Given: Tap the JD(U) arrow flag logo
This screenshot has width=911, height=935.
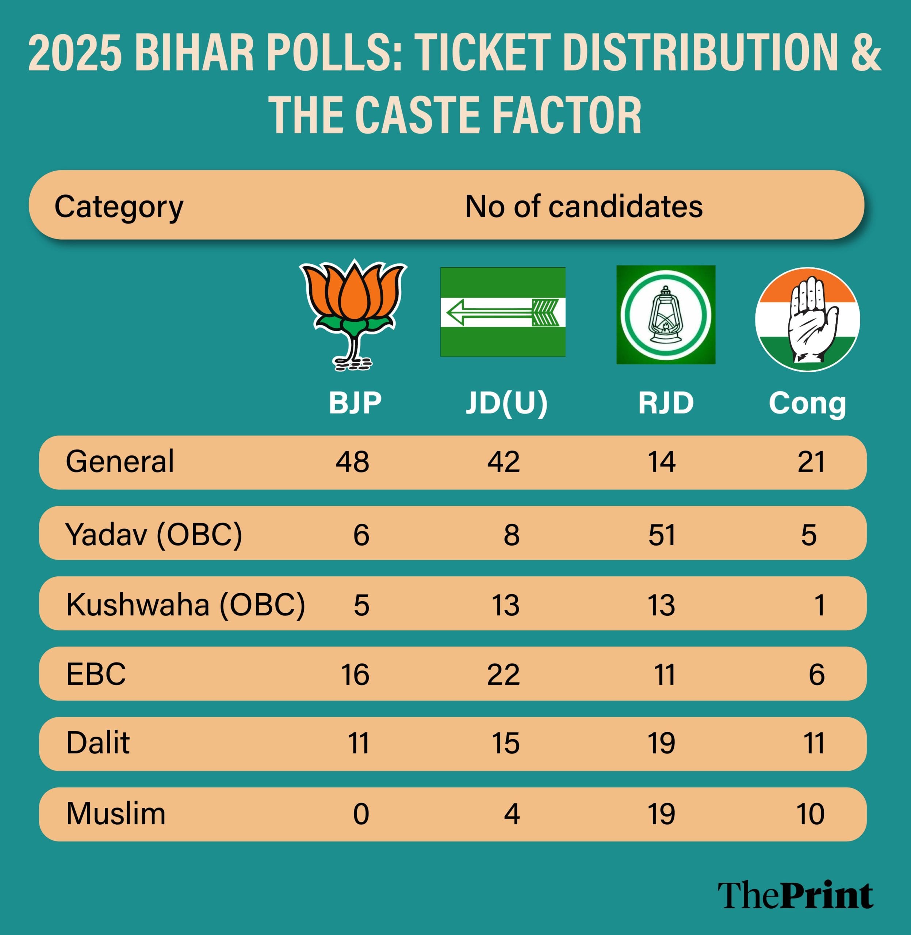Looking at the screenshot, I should [502, 312].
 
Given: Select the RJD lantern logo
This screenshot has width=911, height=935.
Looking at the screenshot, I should [666, 315].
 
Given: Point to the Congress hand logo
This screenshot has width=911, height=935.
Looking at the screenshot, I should [807, 320].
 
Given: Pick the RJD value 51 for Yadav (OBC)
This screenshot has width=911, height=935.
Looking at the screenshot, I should [662, 535].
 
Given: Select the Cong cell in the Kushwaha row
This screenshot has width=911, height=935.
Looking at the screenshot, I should [819, 605].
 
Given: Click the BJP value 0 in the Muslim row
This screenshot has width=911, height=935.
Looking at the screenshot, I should [361, 814].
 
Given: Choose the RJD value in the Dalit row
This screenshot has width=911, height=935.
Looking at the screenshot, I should [661, 744].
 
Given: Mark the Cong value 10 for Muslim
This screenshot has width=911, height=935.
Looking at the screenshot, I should [810, 814].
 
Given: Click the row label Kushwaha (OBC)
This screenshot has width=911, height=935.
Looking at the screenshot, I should [185, 605].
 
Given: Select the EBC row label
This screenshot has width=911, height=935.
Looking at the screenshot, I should [96, 675].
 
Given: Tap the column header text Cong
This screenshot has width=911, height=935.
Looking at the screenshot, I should [807, 403].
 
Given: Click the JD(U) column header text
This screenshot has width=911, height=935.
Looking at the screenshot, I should [507, 403].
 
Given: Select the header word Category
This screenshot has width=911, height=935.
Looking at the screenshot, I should [119, 207].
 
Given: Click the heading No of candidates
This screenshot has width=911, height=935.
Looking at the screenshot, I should [584, 207].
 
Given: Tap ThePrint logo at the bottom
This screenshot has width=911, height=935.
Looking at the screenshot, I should [795, 896].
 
